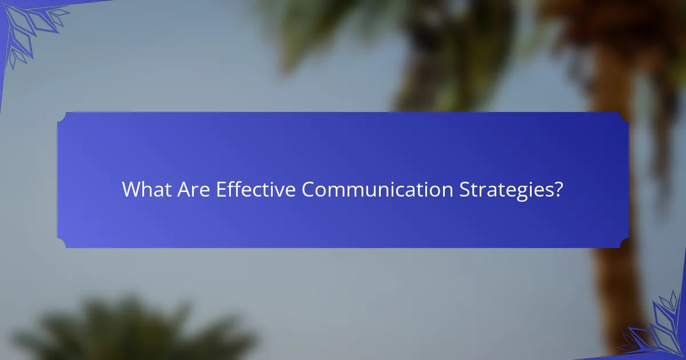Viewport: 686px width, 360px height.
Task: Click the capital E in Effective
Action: (x=220, y=190)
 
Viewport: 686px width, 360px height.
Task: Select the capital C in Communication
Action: (x=308, y=190)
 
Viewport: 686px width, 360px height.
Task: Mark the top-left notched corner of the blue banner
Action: (x=62, y=117)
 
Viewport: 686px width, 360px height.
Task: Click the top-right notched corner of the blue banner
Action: (x=624, y=117)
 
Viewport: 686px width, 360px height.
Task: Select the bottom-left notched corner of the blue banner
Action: (x=62, y=243)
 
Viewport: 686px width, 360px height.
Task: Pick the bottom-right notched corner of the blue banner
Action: (x=624, y=243)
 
